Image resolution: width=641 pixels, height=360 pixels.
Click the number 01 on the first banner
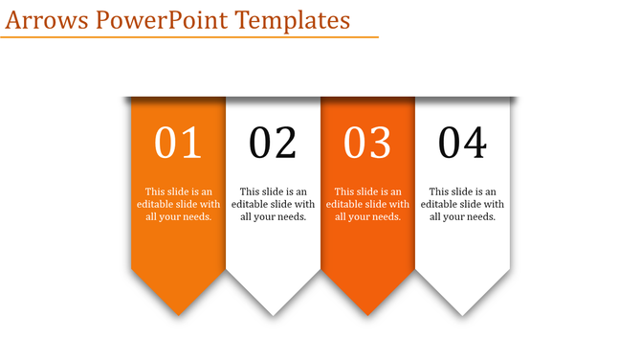(x=178, y=143)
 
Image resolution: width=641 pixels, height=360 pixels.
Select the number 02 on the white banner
(x=273, y=143)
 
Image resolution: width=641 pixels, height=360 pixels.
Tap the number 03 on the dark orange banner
(x=367, y=143)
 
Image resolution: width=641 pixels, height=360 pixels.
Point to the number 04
(x=462, y=143)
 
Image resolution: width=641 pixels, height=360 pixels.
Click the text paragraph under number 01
(x=178, y=204)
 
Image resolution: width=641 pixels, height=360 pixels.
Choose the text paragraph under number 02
(x=273, y=204)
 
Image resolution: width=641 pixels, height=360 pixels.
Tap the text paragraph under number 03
(x=367, y=204)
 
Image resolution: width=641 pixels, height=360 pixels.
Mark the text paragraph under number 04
(x=462, y=204)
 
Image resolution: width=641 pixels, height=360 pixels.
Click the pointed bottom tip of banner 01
(x=178, y=312)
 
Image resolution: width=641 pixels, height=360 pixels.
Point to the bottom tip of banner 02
(x=273, y=312)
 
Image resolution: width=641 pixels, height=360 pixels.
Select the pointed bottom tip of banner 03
(x=367, y=312)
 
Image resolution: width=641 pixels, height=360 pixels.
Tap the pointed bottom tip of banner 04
(x=462, y=312)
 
